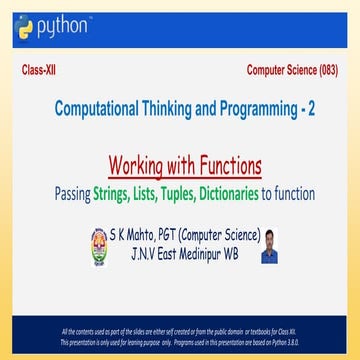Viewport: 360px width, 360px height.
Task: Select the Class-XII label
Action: [40, 73]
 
